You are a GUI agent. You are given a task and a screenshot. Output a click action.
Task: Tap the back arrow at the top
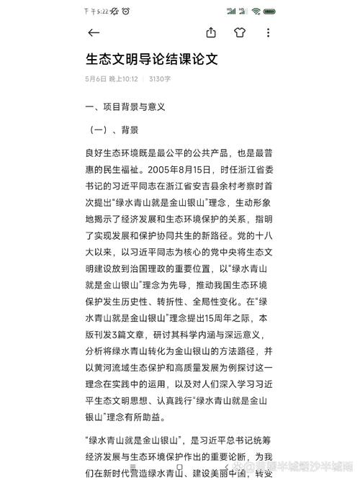[94, 32]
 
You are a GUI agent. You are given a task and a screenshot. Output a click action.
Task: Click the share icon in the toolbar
[211, 32]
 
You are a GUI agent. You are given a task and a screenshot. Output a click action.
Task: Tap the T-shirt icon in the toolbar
[240, 32]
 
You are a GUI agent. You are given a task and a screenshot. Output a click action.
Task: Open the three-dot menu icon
[268, 32]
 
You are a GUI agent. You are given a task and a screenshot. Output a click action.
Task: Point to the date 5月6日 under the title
[95, 78]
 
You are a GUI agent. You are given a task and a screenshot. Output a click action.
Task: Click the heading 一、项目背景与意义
[125, 107]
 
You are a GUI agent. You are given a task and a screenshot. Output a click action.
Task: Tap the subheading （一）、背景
[114, 130]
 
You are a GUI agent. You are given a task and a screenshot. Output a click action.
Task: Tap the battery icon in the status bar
[270, 11]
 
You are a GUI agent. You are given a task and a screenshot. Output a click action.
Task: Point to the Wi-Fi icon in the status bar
[256, 11]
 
